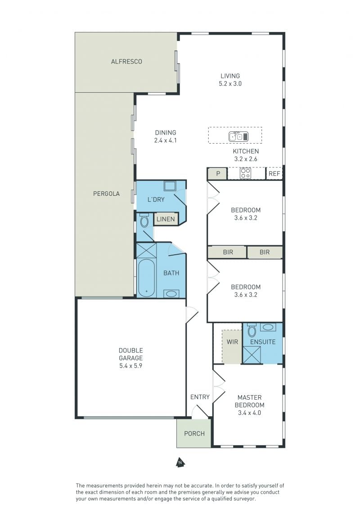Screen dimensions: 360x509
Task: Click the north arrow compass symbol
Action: pos(180,463)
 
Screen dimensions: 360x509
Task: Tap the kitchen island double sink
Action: pos(238,136)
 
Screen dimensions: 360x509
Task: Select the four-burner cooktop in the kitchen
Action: pos(245,173)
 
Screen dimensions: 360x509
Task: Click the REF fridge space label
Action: pos(274,174)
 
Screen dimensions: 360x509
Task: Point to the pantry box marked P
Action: pos(217,174)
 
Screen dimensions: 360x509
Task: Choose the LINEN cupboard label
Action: pos(166,219)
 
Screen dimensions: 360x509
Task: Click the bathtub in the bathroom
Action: pos(146,278)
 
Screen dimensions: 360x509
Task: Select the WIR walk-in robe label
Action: pos(233,342)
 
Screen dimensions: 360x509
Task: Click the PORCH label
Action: pos(194,433)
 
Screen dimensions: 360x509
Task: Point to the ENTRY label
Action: pos(200,396)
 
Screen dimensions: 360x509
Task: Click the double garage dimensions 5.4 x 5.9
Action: pos(130,366)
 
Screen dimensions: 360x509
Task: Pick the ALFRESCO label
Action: pos(126,61)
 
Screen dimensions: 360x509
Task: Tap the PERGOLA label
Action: pos(106,194)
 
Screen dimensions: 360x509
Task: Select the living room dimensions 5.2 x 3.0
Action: pos(230,84)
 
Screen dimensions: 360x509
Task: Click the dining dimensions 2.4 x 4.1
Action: pos(166,140)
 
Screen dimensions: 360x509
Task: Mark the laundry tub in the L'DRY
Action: pos(170,186)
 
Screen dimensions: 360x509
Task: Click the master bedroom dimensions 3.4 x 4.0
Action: pos(249,413)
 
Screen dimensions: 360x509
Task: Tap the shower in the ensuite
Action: pos(252,355)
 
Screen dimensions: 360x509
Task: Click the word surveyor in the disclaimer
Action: pos(245,499)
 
